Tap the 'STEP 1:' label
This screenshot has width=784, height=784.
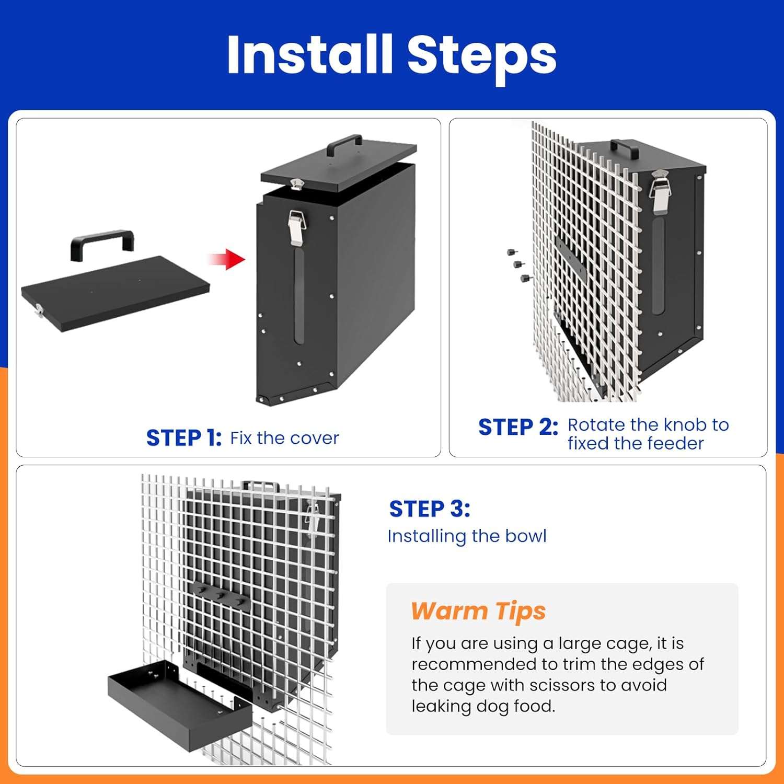tap(184, 438)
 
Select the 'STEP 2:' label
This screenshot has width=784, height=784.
tap(518, 427)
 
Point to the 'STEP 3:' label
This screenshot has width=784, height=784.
tap(430, 509)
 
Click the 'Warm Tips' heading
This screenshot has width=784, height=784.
tap(478, 611)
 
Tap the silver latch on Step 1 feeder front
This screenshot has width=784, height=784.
tap(297, 227)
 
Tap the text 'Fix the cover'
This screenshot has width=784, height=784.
tap(284, 438)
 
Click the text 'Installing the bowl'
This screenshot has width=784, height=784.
tap(467, 536)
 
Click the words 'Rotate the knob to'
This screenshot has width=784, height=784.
tap(648, 425)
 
